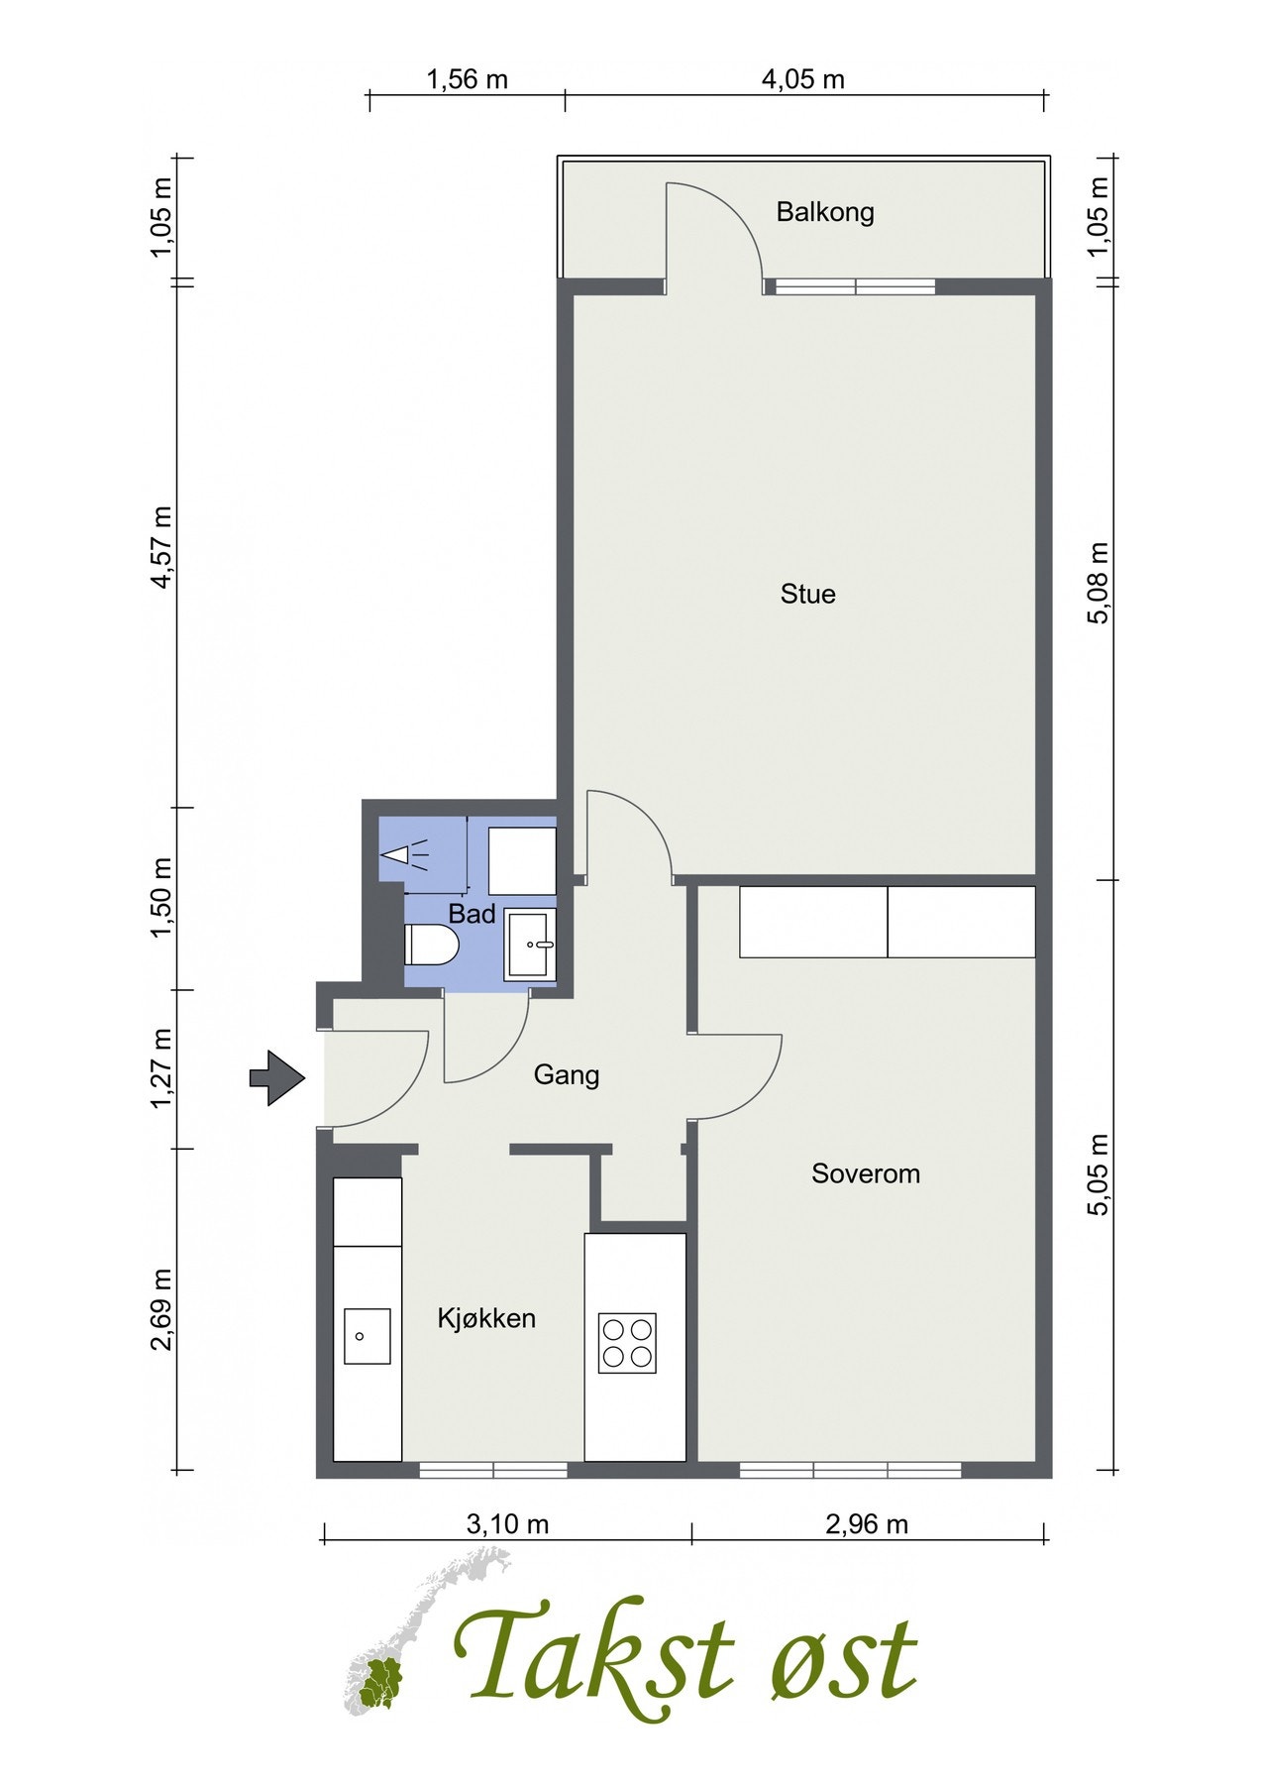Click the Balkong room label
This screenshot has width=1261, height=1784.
[x=825, y=212]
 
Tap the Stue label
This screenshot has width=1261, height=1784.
[x=808, y=594]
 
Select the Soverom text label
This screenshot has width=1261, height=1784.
[x=866, y=1173]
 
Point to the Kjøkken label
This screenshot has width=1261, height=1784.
[x=486, y=1318]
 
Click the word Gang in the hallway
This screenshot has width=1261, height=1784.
[x=567, y=1075]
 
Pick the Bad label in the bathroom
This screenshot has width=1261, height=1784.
[x=472, y=914]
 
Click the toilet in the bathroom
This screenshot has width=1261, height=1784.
[x=431, y=945]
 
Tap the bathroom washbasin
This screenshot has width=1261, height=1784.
[x=530, y=945]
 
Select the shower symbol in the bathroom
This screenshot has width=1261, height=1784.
[x=406, y=852]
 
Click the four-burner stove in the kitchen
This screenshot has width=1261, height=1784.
[x=627, y=1343]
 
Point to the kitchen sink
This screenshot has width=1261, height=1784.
[x=367, y=1336]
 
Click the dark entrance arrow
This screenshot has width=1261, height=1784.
[x=276, y=1078]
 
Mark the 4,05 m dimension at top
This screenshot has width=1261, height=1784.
[x=802, y=79]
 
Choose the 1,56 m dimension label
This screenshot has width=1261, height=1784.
[x=467, y=79]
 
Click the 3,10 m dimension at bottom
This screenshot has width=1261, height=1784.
[x=507, y=1523]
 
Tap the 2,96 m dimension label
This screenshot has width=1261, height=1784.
[x=867, y=1523]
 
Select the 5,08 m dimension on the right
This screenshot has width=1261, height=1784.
[x=1099, y=583]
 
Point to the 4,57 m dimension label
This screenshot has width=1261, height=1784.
[x=161, y=546]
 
